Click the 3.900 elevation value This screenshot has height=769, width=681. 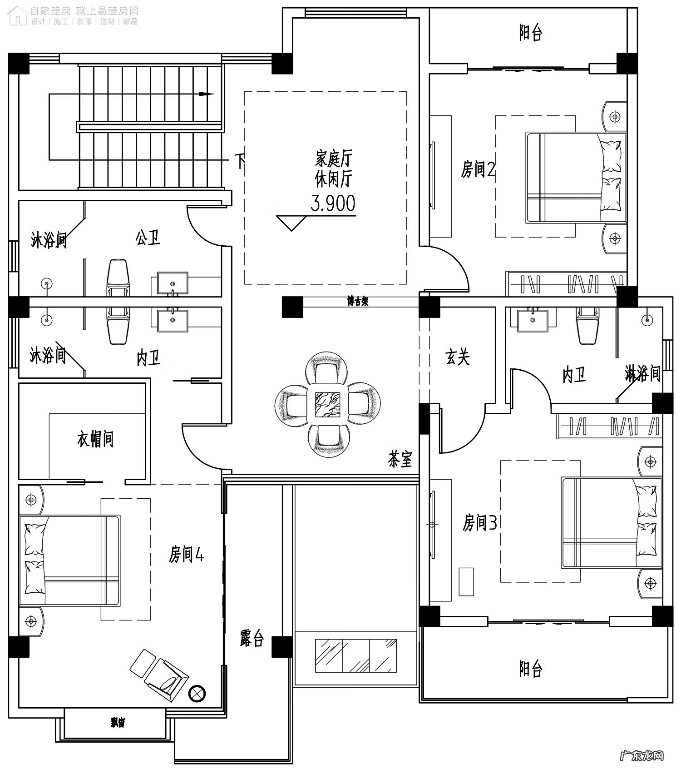click(333, 204)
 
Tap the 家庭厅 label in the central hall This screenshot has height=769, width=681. click(334, 159)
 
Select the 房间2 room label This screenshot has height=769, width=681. click(478, 169)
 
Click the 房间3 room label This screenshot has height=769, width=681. click(479, 523)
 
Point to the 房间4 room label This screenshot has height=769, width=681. click(187, 555)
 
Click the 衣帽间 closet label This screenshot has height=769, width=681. click(95, 439)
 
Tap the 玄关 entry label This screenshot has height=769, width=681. click(457, 357)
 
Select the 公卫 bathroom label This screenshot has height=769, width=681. click(148, 238)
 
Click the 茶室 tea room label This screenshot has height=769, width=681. click(400, 459)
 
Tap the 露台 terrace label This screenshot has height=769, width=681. click(252, 638)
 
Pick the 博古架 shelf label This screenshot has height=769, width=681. click(358, 302)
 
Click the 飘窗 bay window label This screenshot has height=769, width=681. click(118, 722)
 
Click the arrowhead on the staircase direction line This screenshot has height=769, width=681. click(207, 94)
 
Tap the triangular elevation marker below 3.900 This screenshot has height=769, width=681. click(291, 223)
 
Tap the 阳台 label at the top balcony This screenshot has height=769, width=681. click(530, 33)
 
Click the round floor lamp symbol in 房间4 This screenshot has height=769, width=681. click(197, 693)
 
